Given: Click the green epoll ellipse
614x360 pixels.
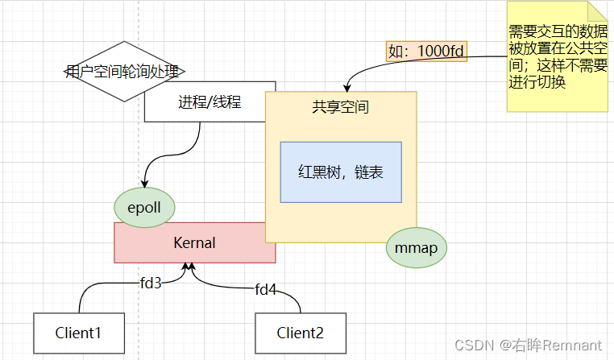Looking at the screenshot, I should coord(144,208).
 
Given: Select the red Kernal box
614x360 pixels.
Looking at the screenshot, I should coord(195,242).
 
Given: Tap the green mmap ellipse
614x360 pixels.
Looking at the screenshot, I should coord(417,247).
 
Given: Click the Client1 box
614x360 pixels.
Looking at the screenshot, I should coord(79,332).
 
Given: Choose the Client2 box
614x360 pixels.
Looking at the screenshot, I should coord(301,332).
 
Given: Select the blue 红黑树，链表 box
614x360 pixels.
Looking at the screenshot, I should coord(341,172).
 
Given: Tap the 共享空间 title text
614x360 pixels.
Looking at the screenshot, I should coord(341,106).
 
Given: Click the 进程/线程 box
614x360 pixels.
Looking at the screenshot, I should coord(210,102).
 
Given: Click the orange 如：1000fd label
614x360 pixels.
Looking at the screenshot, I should coord(426,51).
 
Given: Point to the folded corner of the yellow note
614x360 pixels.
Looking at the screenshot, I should coord(598,10).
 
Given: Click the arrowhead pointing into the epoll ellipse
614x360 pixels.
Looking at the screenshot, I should coord(145,184).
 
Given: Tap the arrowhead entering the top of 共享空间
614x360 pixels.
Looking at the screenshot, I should coord(347,86).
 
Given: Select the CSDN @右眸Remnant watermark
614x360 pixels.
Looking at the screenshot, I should coord(528,345).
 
